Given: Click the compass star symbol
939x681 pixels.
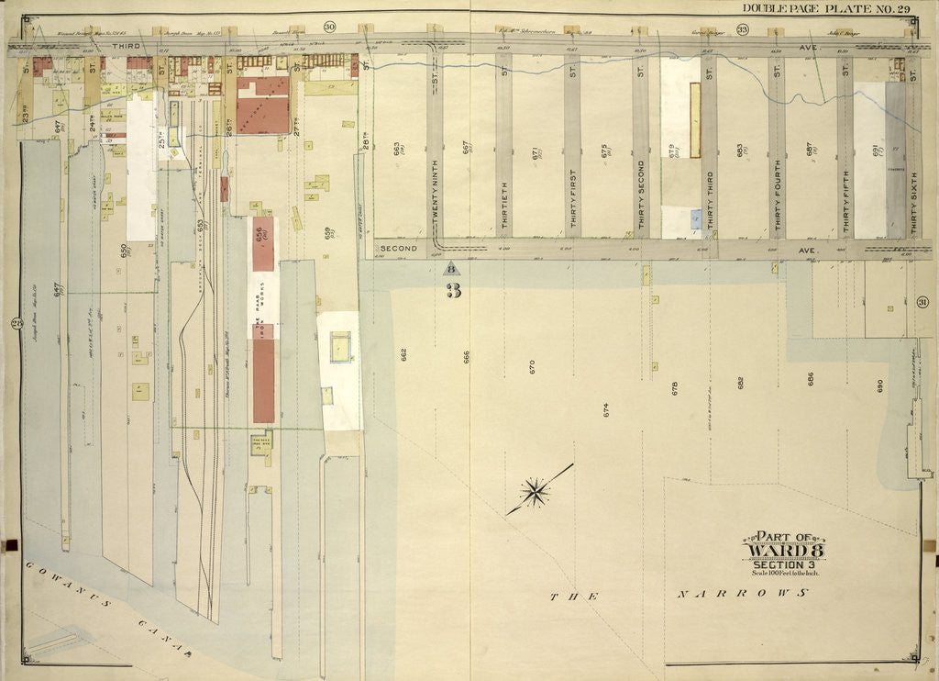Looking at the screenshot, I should [x=535, y=492].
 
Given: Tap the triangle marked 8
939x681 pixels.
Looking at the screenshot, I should [x=450, y=269].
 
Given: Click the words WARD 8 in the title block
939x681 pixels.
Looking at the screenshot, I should [x=782, y=551].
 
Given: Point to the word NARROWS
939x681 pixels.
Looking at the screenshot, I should [x=743, y=595].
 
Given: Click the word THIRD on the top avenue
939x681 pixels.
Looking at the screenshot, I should [x=123, y=44].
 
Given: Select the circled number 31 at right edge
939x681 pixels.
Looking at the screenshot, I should [x=922, y=304].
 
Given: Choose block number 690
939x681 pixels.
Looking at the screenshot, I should [x=879, y=387].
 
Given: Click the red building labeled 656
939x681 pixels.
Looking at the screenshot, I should [x=262, y=243].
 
